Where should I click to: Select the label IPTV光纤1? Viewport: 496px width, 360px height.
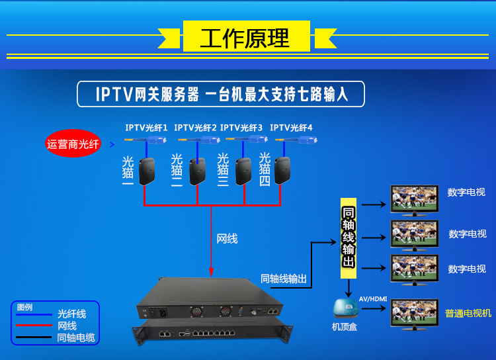coord(146,127)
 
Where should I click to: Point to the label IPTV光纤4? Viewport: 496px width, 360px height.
coord(291,127)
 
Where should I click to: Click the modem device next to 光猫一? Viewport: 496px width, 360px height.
coord(147,171)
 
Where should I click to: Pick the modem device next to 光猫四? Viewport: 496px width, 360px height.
coord(284,171)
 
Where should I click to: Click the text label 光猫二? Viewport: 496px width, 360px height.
coord(177,171)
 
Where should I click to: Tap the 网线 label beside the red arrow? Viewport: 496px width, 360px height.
coord(227,238)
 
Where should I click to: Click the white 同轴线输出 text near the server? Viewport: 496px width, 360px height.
coord(284,279)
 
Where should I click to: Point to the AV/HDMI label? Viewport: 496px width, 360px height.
coord(372,298)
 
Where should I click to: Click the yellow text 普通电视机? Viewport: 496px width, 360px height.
coord(468,313)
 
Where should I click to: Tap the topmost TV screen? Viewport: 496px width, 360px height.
coord(414,198)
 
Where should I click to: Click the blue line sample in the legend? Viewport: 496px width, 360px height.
coord(34,315)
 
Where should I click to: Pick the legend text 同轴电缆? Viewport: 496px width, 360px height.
coord(76,337)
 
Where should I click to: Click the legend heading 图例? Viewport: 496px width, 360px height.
coord(24,307)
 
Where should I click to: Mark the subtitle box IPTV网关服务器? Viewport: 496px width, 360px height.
coord(222,94)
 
